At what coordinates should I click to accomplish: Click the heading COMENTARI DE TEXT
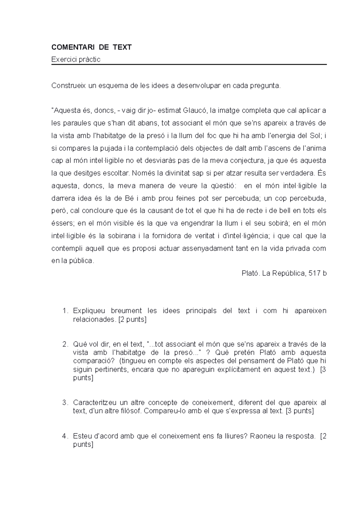(91, 47)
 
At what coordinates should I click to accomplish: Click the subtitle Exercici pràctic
(76, 59)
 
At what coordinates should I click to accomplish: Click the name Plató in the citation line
(250, 273)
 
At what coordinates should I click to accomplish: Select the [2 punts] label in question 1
(132, 320)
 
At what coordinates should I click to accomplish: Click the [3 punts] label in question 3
(300, 411)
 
